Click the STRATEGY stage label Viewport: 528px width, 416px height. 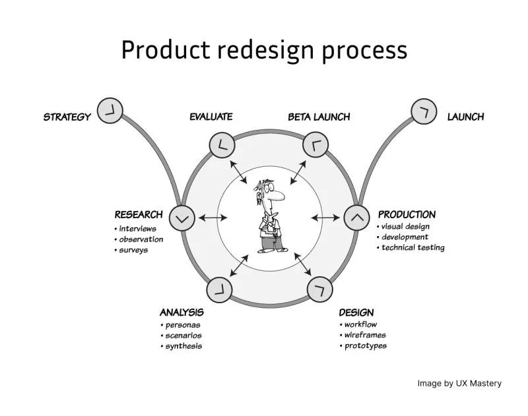pyautogui.click(x=67, y=117)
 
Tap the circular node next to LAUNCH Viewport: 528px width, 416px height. pyautogui.click(x=424, y=111)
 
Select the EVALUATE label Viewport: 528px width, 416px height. pyautogui.click(x=211, y=116)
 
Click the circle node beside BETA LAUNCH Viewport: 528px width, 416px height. pyautogui.click(x=315, y=145)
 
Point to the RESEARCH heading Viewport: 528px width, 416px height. pyautogui.click(x=139, y=214)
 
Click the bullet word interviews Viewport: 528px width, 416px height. pyautogui.click(x=137, y=229)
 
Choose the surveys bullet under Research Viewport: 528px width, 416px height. pyautogui.click(x=133, y=251)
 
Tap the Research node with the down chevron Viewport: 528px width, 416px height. pyautogui.click(x=182, y=218)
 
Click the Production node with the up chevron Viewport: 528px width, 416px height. pyautogui.click(x=357, y=218)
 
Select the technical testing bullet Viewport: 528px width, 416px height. pyautogui.click(x=413, y=247)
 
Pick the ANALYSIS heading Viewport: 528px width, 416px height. pyautogui.click(x=181, y=312)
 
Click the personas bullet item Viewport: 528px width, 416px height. pyautogui.click(x=183, y=325)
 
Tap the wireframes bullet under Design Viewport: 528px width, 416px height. pyautogui.click(x=365, y=335)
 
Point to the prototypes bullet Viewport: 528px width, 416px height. pyautogui.click(x=366, y=345)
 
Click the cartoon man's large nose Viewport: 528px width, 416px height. pyautogui.click(x=277, y=195)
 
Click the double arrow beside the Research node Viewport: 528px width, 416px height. pyautogui.click(x=213, y=218)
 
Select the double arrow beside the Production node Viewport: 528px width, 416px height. pyautogui.click(x=325, y=218)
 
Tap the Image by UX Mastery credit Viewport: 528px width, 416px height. pyautogui.click(x=459, y=384)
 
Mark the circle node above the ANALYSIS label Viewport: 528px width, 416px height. pyautogui.click(x=219, y=290)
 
